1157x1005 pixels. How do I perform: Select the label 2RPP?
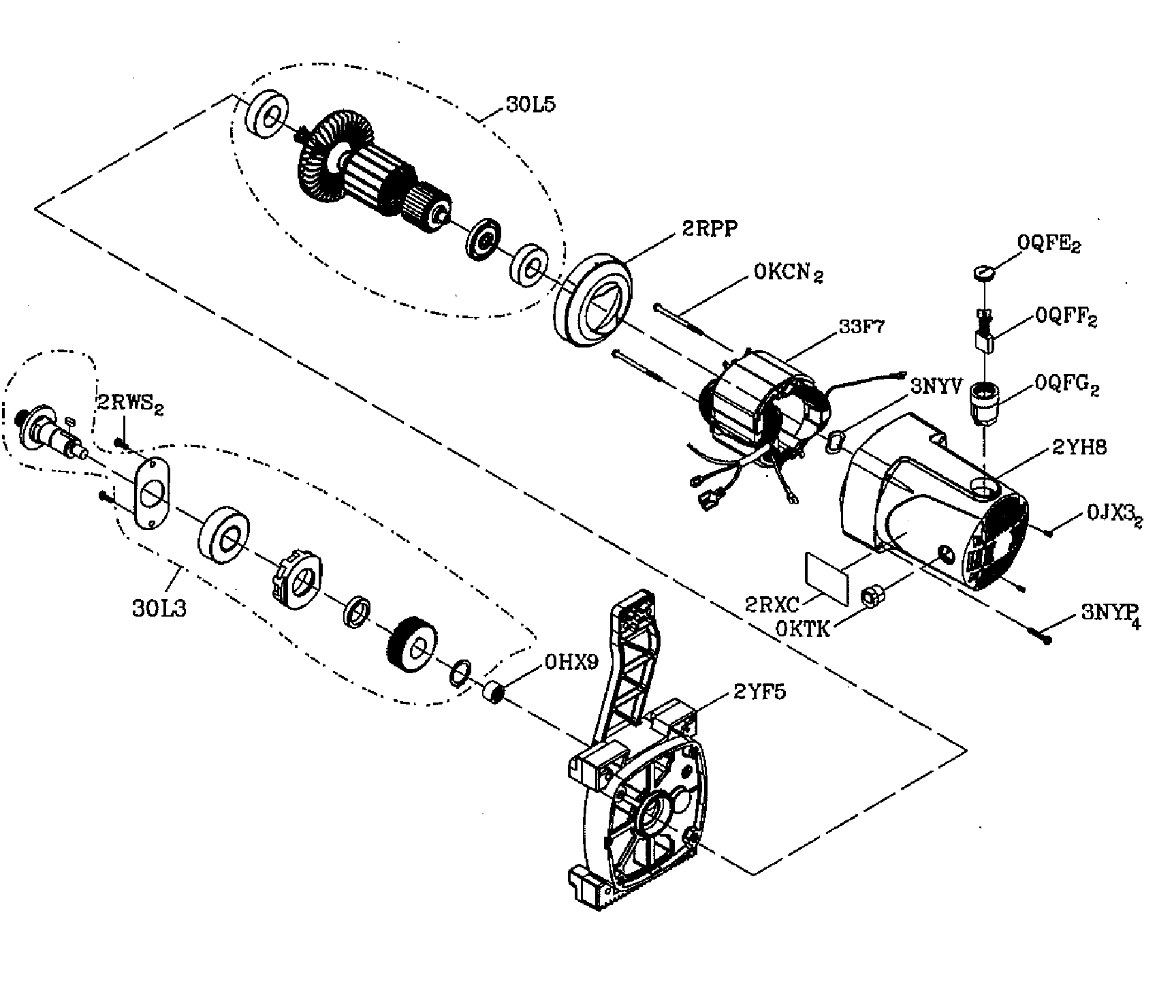(709, 230)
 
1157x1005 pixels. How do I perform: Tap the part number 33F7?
(862, 327)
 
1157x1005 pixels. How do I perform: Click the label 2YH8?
(1079, 448)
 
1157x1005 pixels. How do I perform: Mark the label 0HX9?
(572, 662)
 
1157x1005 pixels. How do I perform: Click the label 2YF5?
(759, 693)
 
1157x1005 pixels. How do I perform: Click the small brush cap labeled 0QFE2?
(982, 273)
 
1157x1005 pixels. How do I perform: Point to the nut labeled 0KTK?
(871, 596)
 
